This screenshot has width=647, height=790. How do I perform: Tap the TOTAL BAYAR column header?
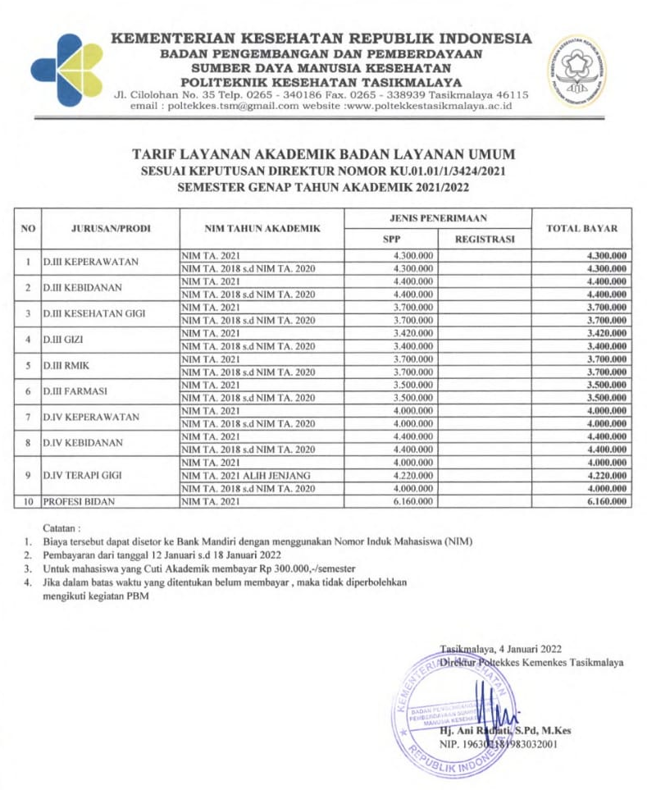click(x=581, y=228)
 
